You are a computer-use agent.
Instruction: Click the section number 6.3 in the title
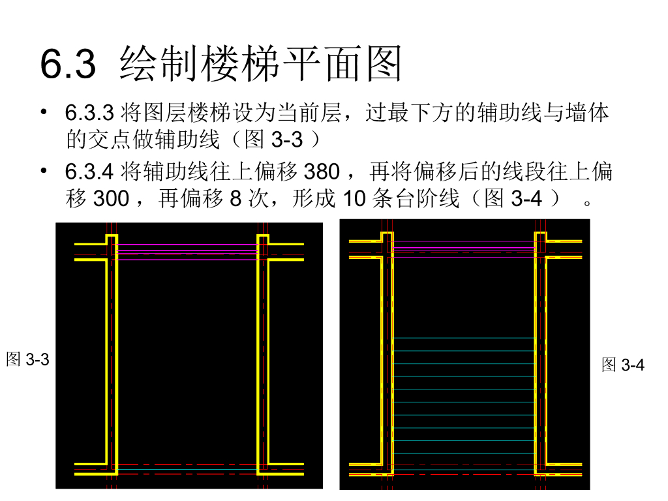tap(68, 65)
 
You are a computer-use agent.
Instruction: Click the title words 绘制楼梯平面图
tap(261, 63)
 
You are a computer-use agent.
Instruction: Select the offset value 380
tap(322, 172)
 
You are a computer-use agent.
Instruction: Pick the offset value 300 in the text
tap(112, 198)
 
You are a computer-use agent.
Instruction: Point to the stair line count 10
tap(354, 198)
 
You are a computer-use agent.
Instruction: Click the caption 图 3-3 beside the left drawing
tap(27, 359)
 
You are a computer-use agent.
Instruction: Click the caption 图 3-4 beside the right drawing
tap(623, 365)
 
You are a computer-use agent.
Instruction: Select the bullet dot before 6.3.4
tap(44, 171)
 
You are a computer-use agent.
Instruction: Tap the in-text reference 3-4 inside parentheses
tap(526, 198)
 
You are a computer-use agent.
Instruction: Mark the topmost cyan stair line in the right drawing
tap(464, 338)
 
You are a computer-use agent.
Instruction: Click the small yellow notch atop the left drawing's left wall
tap(112, 238)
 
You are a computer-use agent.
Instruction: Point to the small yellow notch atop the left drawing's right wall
tap(263, 238)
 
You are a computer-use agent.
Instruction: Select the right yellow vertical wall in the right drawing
tap(541, 359)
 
